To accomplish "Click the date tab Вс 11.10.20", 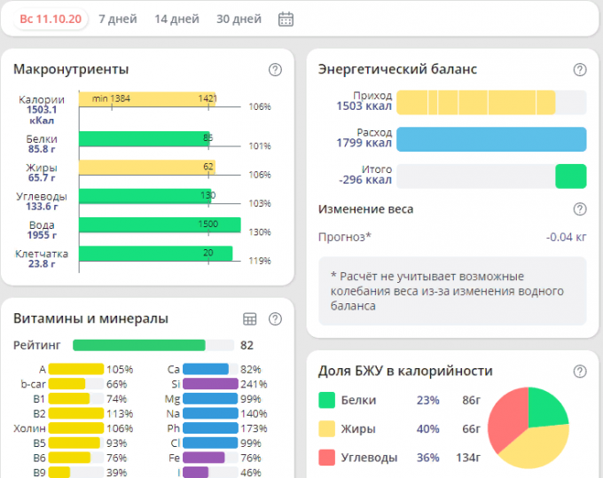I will (51, 19).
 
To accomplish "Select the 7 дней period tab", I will (117, 19).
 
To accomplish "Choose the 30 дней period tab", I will (239, 19).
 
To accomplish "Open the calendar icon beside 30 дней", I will (286, 19).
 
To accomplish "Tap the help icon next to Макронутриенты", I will (275, 70).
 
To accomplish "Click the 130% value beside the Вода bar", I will (260, 232).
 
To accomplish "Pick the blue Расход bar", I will (491, 138).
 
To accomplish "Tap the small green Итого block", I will (570, 176).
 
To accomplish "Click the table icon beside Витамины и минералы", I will (250, 319).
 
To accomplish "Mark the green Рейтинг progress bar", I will (138, 345).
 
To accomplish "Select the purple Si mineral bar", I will (210, 384).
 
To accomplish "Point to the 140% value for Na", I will (253, 414).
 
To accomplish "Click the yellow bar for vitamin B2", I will (76, 413).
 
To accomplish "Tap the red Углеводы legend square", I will (326, 458).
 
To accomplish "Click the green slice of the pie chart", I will (546, 407).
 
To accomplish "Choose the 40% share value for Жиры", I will (428, 429).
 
